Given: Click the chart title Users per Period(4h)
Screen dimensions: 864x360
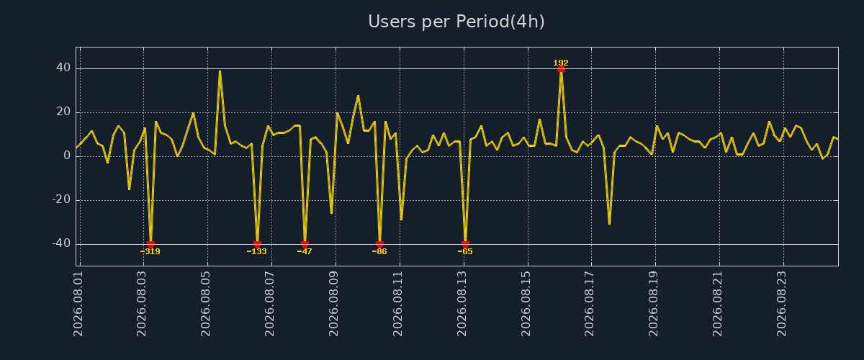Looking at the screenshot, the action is click(x=456, y=22).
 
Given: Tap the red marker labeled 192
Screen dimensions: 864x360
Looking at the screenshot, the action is click(x=561, y=69).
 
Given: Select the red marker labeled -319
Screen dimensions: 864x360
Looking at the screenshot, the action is click(x=150, y=244).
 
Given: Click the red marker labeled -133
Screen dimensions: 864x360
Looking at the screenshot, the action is click(x=257, y=244).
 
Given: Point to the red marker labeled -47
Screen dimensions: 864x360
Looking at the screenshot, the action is click(x=305, y=244).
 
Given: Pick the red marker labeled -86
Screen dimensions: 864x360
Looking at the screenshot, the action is click(x=379, y=244).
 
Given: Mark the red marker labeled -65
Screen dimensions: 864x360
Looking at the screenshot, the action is click(x=465, y=244).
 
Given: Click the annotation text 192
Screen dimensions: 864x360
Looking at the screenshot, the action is click(x=561, y=63).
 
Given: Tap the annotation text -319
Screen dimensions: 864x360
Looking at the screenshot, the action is click(x=150, y=251).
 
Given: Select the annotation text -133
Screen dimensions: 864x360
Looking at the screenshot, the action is click(x=256, y=251).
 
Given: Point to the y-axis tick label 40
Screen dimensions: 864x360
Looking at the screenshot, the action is click(x=63, y=68).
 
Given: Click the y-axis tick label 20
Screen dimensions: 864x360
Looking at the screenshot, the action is click(x=63, y=112).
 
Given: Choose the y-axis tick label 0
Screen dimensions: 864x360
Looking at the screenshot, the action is click(x=67, y=156).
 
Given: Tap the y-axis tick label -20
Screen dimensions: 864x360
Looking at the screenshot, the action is click(x=61, y=200).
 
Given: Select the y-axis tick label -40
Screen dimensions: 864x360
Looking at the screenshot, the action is click(x=61, y=244).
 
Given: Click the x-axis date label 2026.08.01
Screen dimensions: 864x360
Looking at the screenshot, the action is click(x=78, y=304).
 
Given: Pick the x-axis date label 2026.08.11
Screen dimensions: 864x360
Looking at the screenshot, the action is click(x=397, y=304).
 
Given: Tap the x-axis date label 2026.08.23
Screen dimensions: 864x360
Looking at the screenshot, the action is click(x=781, y=304).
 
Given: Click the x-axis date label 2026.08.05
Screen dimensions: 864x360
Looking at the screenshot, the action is click(x=206, y=304).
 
